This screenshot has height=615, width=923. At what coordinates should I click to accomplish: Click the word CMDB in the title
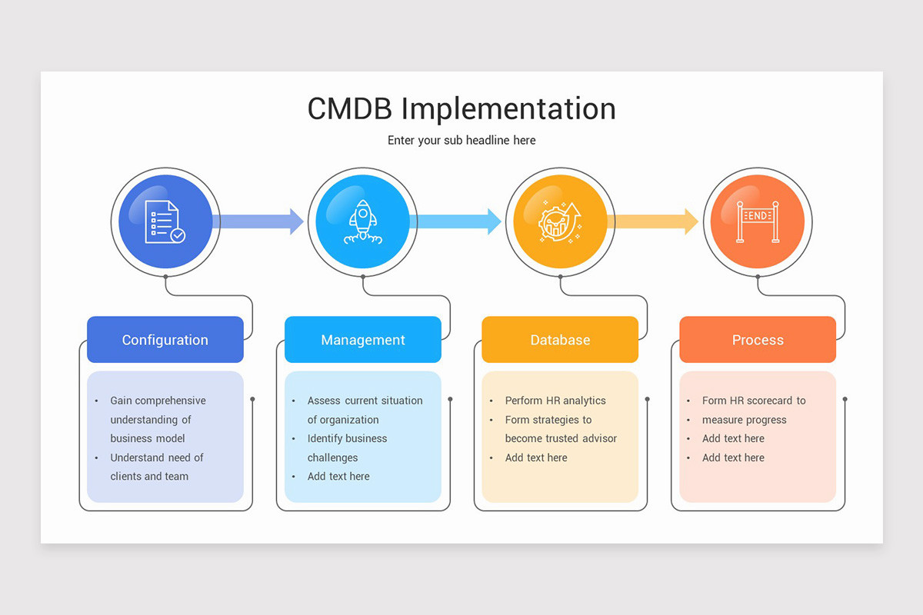click(x=350, y=108)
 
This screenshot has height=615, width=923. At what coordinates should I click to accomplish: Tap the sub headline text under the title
click(x=461, y=140)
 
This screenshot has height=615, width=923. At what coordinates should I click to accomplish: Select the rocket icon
click(x=362, y=222)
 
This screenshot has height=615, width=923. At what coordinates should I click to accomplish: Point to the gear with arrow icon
click(x=560, y=222)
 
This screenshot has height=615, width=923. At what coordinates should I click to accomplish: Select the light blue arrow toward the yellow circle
click(x=456, y=221)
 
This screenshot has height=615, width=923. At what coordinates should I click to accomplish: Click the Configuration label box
click(x=165, y=340)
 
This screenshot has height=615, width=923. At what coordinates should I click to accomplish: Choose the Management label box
click(x=363, y=340)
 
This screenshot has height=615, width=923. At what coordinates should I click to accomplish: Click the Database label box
click(x=560, y=340)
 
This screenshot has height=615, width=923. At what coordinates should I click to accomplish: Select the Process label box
click(x=758, y=340)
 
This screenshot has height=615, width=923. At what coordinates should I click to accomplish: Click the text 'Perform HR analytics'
click(x=555, y=401)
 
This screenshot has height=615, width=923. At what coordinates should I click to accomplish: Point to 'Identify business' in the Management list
click(x=347, y=438)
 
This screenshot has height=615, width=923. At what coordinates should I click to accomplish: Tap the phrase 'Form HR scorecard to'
click(x=754, y=401)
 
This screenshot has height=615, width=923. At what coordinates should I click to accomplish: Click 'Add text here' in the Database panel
click(x=536, y=457)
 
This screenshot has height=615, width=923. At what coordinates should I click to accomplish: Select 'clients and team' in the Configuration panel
click(x=149, y=476)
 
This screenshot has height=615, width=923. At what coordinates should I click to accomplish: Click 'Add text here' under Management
click(x=338, y=476)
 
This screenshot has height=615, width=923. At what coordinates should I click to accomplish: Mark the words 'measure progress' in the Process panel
click(x=744, y=420)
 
